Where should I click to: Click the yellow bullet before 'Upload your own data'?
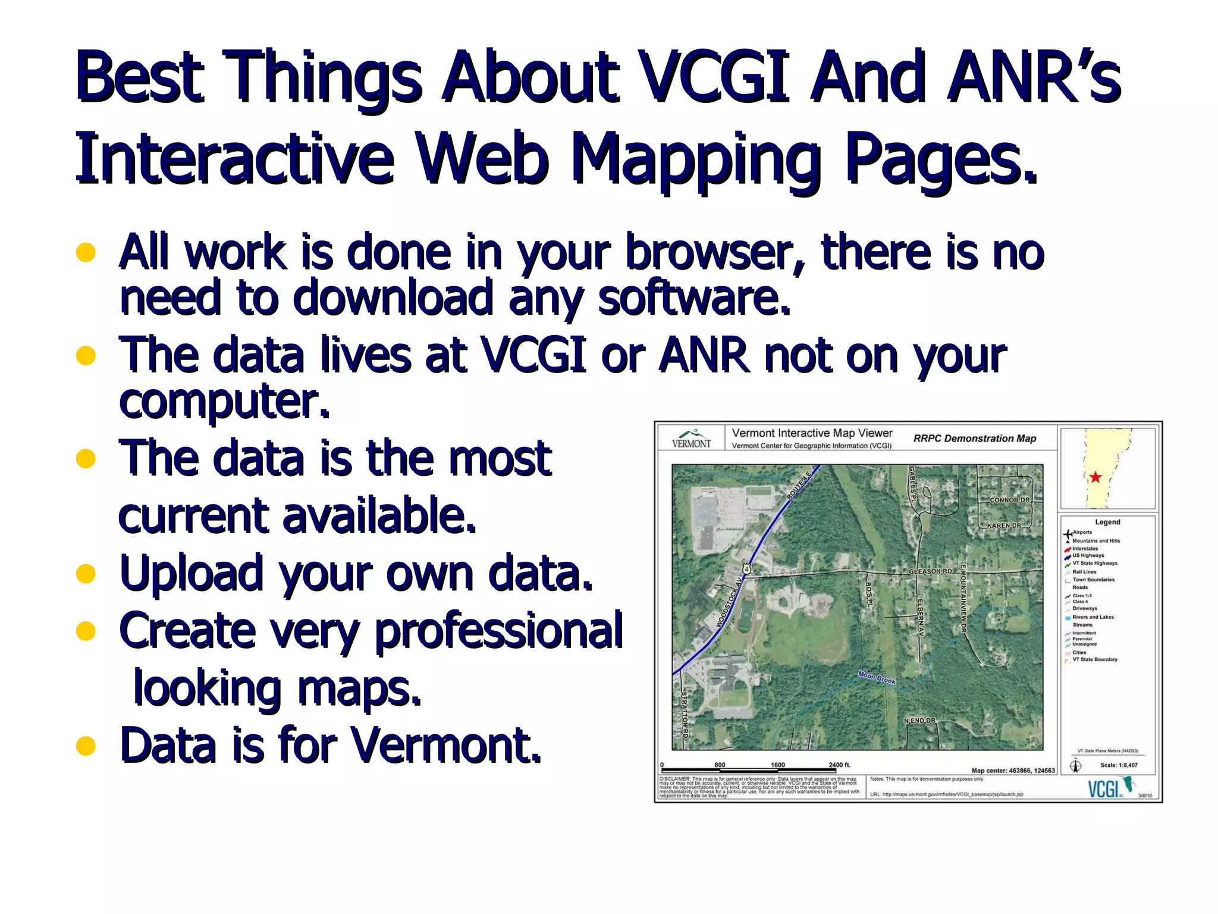86,574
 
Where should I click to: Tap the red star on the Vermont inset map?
1095,477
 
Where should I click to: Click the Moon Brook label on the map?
877,677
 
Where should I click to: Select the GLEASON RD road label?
930,571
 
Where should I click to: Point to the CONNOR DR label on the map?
1009,500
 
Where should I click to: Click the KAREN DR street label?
1004,525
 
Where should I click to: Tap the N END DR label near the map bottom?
919,721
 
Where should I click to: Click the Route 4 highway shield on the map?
747,569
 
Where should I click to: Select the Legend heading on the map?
1107,522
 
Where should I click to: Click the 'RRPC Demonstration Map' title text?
975,439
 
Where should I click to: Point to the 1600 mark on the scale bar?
778,765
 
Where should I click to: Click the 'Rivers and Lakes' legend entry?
1093,617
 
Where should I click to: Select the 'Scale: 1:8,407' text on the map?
1119,765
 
